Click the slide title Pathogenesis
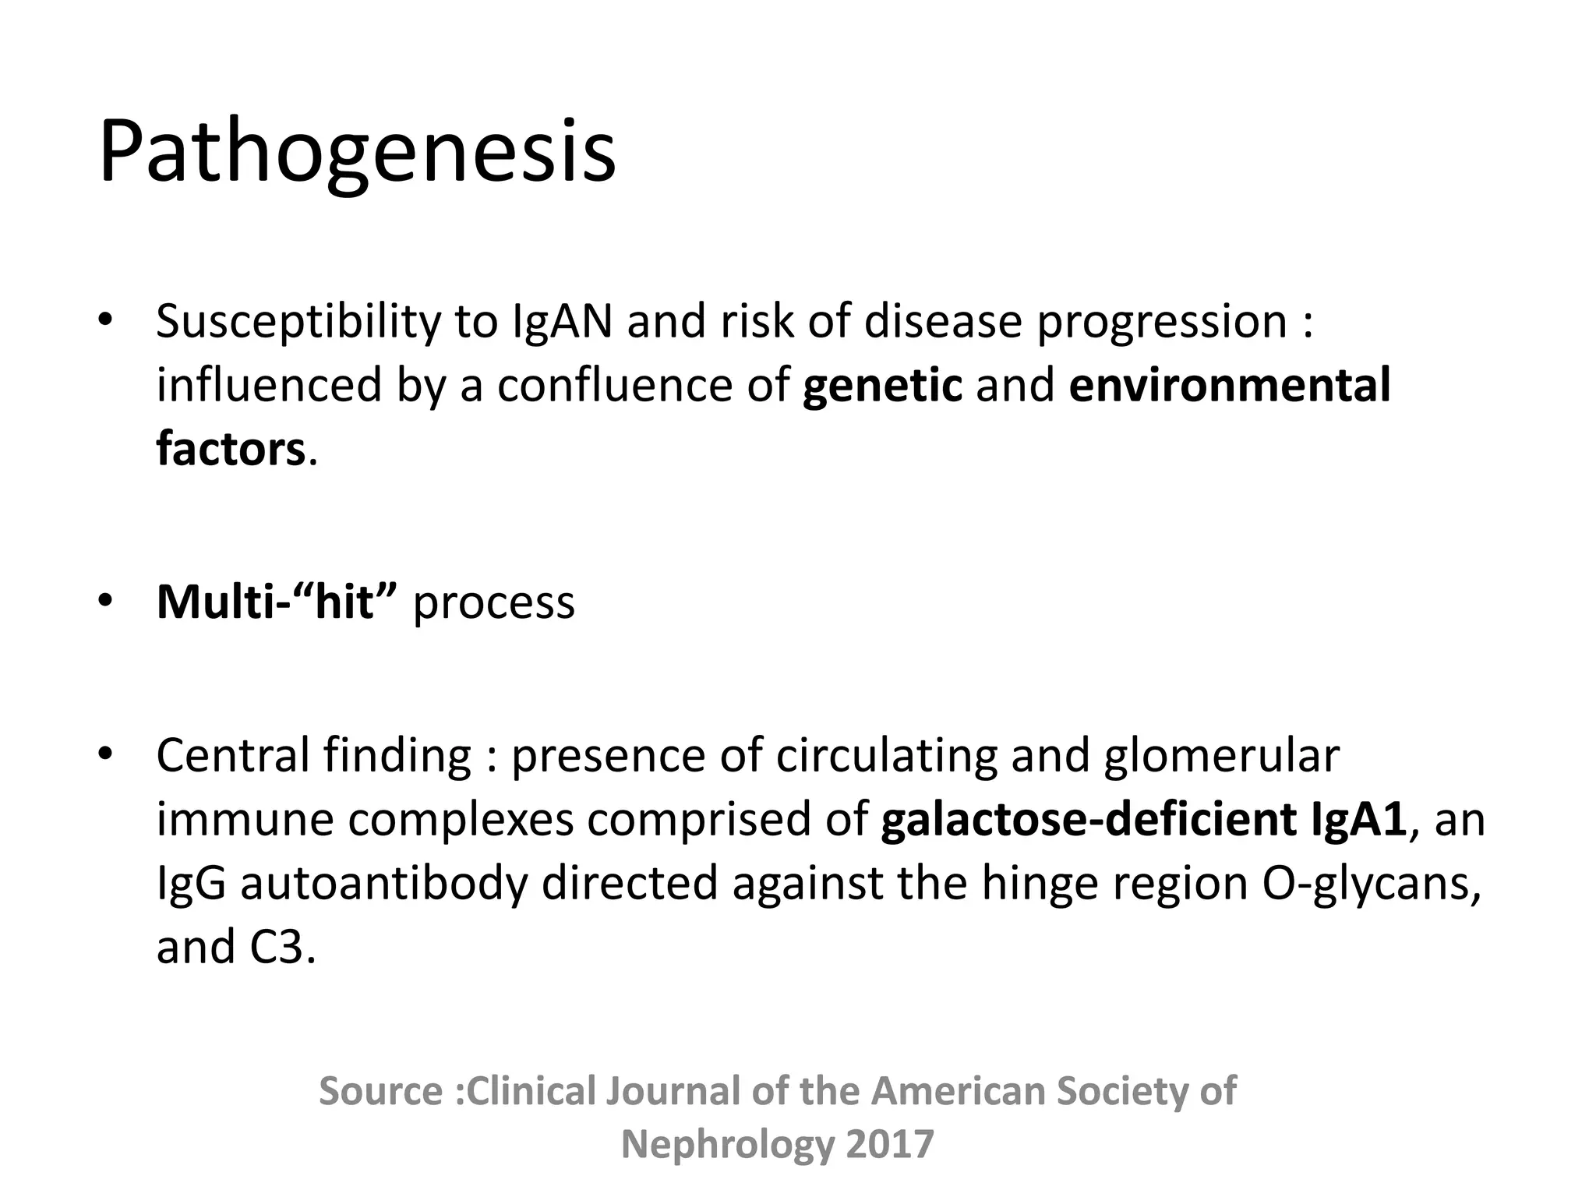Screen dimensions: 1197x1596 357,152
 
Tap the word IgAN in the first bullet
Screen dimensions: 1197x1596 562,321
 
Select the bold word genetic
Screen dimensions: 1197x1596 882,387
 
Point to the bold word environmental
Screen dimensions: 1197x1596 1229,385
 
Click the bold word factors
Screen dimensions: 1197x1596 231,450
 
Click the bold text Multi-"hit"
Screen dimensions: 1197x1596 277,602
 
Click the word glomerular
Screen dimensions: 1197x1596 1221,757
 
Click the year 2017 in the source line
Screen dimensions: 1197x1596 889,1145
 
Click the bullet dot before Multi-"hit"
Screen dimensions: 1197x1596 106,601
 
